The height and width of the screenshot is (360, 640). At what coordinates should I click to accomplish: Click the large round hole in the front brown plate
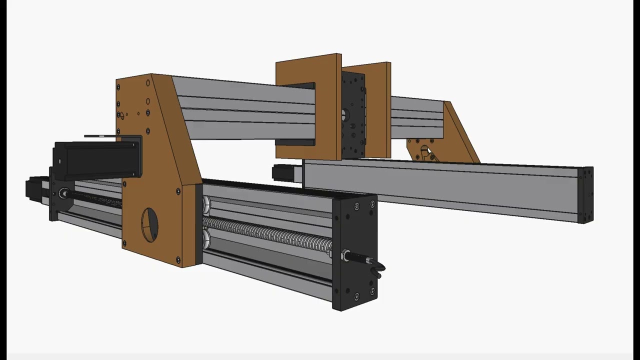149,223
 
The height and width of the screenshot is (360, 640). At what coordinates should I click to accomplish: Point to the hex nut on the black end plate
345,256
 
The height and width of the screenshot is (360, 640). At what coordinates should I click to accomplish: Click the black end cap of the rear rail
585,195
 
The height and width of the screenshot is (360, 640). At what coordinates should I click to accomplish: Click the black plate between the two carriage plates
353,115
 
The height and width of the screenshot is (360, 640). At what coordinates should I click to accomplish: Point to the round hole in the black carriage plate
345,114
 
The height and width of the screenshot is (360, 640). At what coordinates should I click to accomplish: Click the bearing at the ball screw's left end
64,193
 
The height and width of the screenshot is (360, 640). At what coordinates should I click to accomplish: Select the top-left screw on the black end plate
356,206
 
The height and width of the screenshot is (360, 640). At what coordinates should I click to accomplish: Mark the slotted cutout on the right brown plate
425,151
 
